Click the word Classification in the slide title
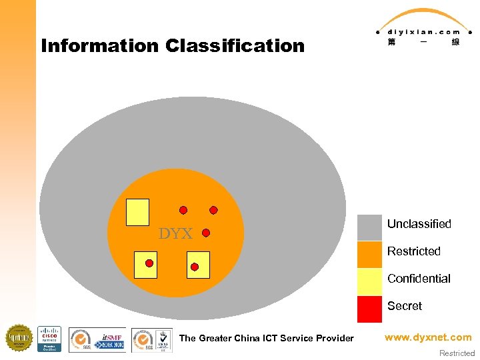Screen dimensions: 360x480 point(235,46)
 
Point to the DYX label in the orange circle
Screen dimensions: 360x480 point(175,234)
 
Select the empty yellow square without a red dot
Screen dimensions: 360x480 point(137,212)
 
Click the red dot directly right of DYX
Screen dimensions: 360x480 point(206,233)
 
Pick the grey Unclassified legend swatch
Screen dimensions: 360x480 point(369,227)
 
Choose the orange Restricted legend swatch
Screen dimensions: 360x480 point(369,255)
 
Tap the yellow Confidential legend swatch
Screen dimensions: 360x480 point(369,282)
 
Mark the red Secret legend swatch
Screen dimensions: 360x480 point(369,309)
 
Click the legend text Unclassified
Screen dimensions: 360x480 point(419,224)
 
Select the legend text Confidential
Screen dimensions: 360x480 point(419,279)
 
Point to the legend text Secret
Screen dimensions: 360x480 point(405,306)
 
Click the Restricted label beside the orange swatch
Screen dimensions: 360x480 point(414,251)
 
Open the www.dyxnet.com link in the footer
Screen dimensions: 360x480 point(428,337)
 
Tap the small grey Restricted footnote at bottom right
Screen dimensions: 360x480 point(457,353)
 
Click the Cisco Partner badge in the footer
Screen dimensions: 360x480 point(49,339)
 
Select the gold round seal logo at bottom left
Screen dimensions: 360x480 point(19,338)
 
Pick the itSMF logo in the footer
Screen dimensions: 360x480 point(111,339)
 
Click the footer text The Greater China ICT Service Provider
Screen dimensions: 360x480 point(267,338)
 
